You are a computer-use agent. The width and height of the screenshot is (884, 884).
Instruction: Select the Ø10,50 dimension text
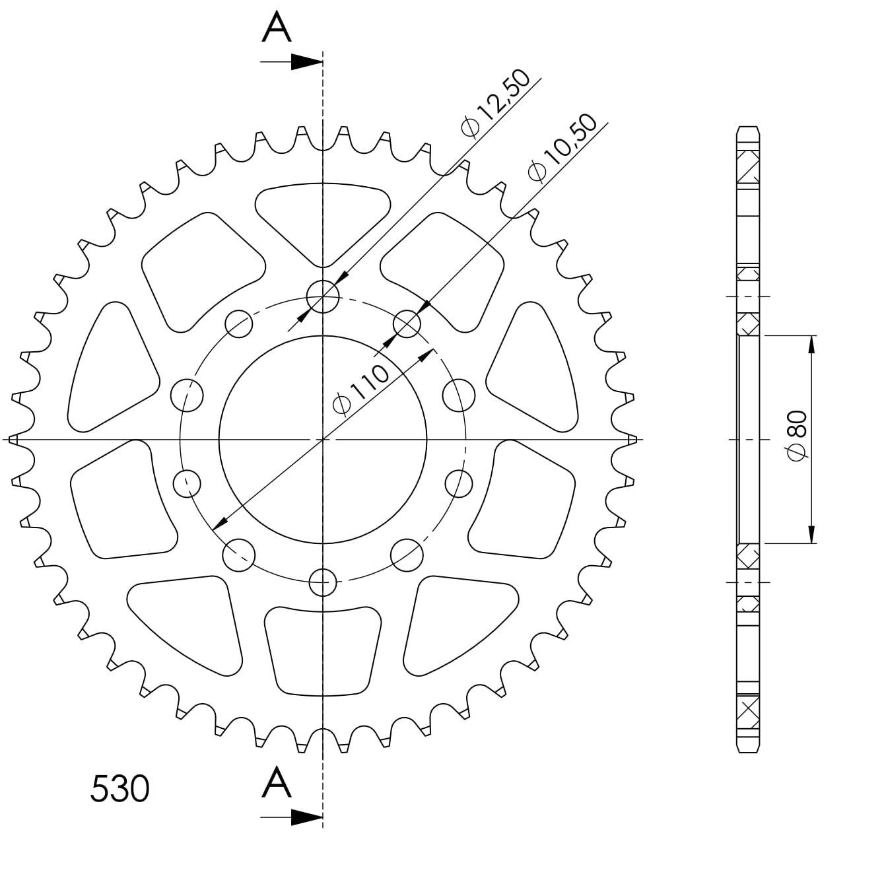(563, 147)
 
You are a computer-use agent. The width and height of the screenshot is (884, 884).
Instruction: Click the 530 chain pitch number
(119, 788)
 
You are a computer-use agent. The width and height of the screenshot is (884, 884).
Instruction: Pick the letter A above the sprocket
(277, 28)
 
